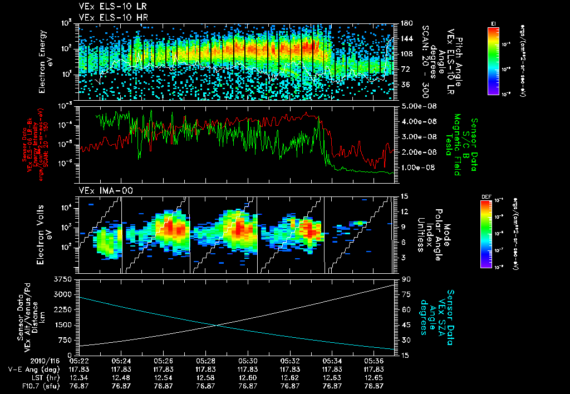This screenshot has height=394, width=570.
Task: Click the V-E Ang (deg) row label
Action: tap(30, 368)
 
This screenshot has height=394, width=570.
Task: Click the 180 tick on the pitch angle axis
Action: tap(405, 23)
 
